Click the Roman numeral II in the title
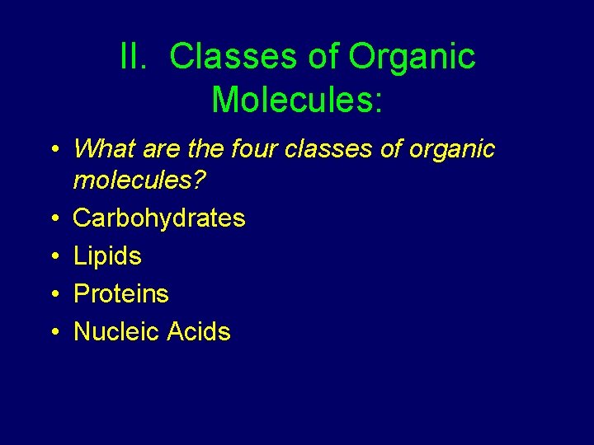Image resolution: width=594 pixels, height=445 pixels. pyautogui.click(x=132, y=58)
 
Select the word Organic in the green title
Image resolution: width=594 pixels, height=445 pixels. pyautogui.click(x=412, y=58)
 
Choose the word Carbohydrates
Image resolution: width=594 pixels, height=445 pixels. pyautogui.click(x=159, y=218)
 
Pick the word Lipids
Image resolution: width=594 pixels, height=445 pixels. pyautogui.click(x=107, y=256)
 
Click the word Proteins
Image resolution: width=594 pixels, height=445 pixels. pyautogui.click(x=120, y=294)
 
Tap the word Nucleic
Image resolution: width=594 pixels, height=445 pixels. pyautogui.click(x=116, y=332)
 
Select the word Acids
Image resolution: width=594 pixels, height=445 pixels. pyautogui.click(x=199, y=332)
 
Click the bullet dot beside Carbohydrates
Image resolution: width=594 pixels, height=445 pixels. pyautogui.click(x=53, y=218)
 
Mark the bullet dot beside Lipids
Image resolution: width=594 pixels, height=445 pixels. pyautogui.click(x=53, y=256)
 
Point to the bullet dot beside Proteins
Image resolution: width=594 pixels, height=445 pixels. pyautogui.click(x=53, y=294)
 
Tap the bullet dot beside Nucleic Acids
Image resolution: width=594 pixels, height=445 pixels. pyautogui.click(x=53, y=332)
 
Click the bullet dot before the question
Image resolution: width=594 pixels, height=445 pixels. pyautogui.click(x=53, y=149)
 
